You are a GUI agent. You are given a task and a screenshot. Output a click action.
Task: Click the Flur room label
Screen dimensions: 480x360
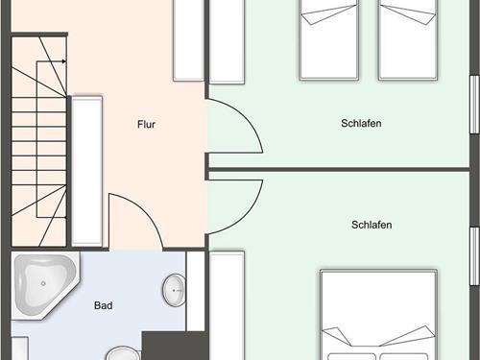[x=146, y=124]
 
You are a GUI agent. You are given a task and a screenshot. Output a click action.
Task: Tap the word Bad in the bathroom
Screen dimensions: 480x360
[x=104, y=305]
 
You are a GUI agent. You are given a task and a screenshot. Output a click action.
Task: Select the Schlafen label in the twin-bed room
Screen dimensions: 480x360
[x=361, y=123]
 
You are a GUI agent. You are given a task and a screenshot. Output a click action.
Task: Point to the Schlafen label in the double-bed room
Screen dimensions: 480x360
[x=372, y=225]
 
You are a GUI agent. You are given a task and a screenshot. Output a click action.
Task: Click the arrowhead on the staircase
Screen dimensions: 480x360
[x=64, y=61]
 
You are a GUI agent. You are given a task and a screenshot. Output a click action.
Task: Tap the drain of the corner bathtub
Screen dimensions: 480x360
[x=43, y=283]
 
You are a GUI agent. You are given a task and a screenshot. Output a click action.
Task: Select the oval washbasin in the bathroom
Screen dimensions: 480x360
[x=175, y=290]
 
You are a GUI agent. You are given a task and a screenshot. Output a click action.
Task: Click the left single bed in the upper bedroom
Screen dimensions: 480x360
[x=328, y=39]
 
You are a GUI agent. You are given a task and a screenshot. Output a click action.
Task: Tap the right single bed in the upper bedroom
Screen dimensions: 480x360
[x=408, y=39]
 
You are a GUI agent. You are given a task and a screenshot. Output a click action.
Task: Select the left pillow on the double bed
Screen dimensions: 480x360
[x=351, y=357]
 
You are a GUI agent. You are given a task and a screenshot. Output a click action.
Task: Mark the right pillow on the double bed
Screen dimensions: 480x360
[x=404, y=357]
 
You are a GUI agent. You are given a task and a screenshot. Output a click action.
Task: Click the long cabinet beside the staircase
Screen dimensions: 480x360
[x=86, y=171]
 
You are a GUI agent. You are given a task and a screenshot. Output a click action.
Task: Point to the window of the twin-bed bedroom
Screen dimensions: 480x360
[x=474, y=105]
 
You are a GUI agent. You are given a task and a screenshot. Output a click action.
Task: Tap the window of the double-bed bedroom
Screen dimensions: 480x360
[x=474, y=256]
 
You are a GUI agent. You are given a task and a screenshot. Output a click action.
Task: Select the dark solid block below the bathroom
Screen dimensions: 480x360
[x=175, y=346]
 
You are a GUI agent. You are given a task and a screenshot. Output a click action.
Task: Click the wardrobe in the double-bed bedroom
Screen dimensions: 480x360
[x=227, y=305]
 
